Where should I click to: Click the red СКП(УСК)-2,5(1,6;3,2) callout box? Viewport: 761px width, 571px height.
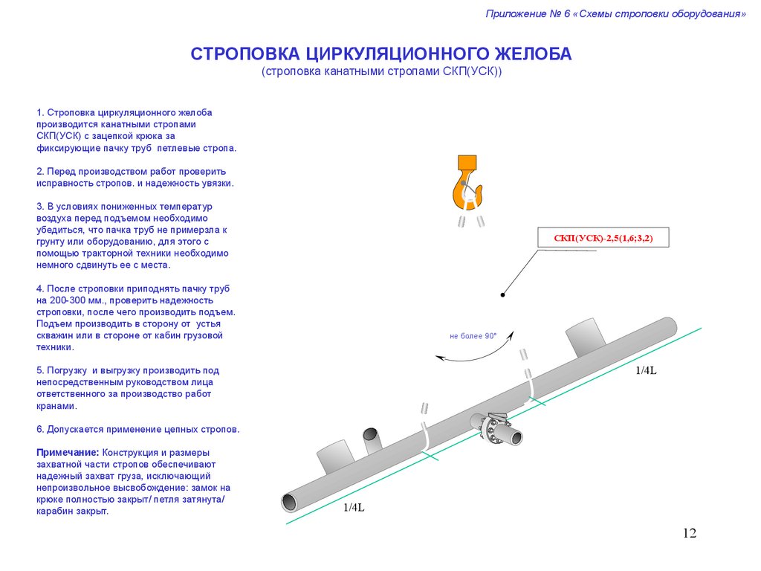pyautogui.click(x=603, y=237)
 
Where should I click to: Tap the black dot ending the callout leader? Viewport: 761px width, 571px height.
pyautogui.click(x=503, y=294)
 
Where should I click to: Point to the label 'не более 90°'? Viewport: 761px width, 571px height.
pyautogui.click(x=473, y=336)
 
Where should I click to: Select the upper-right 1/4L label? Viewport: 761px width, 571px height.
pyautogui.click(x=646, y=370)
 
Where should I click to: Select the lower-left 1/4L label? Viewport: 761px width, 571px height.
pyautogui.click(x=354, y=507)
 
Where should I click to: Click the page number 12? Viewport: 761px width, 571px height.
pyautogui.click(x=689, y=533)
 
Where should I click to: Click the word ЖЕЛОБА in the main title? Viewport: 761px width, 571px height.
pyautogui.click(x=533, y=54)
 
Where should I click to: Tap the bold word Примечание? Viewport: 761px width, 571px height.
pyautogui.click(x=68, y=453)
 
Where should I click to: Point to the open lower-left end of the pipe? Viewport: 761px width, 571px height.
pyautogui.click(x=290, y=502)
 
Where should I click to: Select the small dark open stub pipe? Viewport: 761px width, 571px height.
pyautogui.click(x=372, y=439)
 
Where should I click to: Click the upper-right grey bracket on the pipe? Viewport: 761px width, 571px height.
pyautogui.click(x=586, y=338)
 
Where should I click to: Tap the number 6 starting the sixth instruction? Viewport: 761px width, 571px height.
pyautogui.click(x=39, y=429)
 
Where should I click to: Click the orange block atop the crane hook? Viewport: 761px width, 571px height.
pyautogui.click(x=467, y=162)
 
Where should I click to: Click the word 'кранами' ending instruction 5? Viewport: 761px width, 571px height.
pyautogui.click(x=56, y=406)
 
